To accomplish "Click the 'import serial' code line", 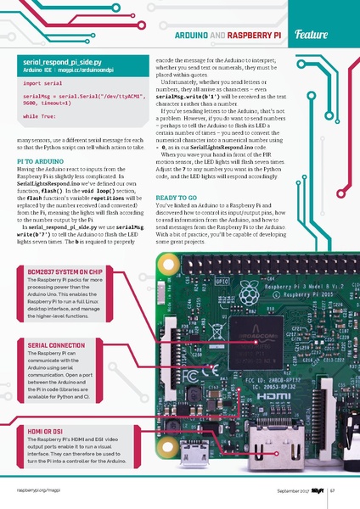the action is tap(42, 85).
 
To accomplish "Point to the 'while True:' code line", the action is tap(41, 114).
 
